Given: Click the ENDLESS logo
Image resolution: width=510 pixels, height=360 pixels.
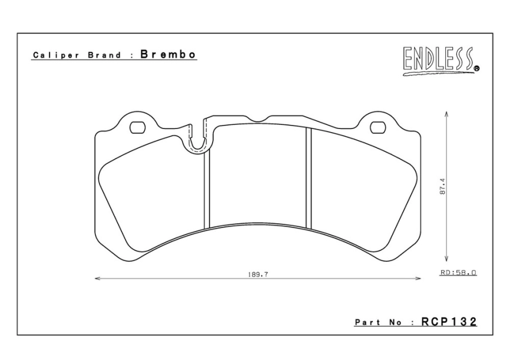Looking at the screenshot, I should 439,61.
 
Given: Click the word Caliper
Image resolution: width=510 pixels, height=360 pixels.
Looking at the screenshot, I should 52,55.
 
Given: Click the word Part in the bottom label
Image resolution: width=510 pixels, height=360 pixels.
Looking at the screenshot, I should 366,323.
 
